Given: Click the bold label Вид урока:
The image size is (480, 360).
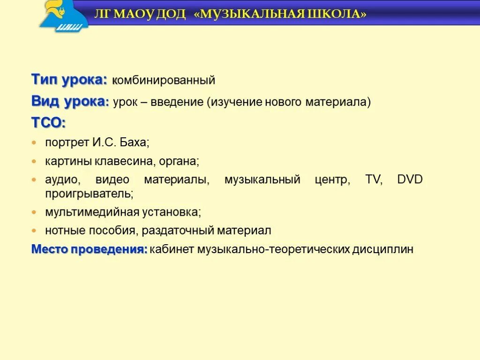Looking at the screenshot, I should (70, 102).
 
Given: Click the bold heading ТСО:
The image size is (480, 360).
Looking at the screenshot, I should (49, 123).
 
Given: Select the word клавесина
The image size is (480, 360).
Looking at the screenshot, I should (124, 162).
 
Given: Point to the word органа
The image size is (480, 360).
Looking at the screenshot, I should (179, 162).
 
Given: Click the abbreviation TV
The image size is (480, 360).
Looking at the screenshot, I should (374, 180).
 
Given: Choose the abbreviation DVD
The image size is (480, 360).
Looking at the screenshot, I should (410, 180).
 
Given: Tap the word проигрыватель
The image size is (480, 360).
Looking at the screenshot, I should (89, 193).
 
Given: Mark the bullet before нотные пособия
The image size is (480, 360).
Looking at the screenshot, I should (34, 231).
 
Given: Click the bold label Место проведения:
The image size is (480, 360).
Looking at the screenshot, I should (90, 249).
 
